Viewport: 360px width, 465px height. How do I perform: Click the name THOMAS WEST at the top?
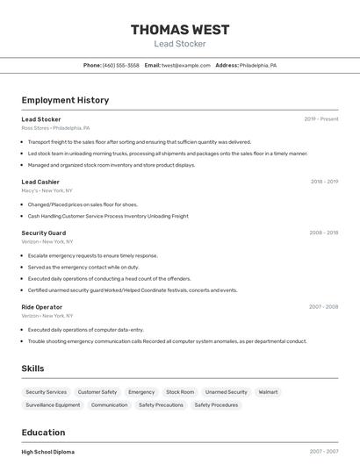pyautogui.click(x=180, y=30)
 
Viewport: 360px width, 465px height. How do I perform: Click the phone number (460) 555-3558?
pyautogui.click(x=120, y=65)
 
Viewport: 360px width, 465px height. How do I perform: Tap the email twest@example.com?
pyautogui.click(x=180, y=65)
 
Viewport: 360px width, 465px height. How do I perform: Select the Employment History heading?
pyautogui.click(x=65, y=100)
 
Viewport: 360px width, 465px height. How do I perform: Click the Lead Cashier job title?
pyautogui.click(x=40, y=182)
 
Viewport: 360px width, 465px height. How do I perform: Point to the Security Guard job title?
pyautogui.click(x=44, y=232)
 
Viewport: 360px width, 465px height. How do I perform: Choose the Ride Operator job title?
pyautogui.click(x=42, y=307)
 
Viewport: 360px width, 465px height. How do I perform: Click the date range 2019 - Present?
pyautogui.click(x=320, y=118)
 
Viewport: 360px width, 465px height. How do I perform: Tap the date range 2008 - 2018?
pyautogui.click(x=323, y=232)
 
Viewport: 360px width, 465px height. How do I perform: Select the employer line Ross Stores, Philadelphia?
pyautogui.click(x=55, y=127)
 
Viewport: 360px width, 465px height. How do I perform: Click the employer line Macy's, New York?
pyautogui.click(x=47, y=190)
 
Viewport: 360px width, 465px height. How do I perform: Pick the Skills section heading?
pyautogui.click(x=32, y=368)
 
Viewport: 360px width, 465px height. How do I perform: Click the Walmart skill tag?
pyautogui.click(x=268, y=392)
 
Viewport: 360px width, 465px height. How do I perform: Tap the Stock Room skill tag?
pyautogui.click(x=180, y=392)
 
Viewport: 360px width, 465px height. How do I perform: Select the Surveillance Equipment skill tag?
pyautogui.click(x=53, y=405)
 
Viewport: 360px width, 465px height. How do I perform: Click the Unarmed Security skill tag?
pyautogui.click(x=226, y=392)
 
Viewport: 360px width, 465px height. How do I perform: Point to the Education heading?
pyautogui.click(x=43, y=433)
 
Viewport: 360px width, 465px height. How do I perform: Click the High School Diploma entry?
pyautogui.click(x=48, y=452)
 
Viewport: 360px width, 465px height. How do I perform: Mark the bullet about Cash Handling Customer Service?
pyautogui.click(x=108, y=216)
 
